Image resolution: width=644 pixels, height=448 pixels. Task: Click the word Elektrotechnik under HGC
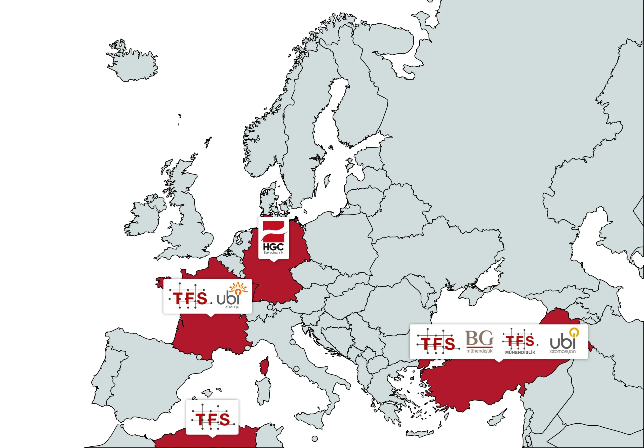click(x=273, y=253)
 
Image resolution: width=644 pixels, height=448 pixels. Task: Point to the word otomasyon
click(x=563, y=351)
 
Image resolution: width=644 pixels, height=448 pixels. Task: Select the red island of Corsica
click(x=264, y=366)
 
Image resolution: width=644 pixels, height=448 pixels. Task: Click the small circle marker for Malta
click(x=315, y=438)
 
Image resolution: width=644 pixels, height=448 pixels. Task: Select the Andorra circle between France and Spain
click(x=199, y=357)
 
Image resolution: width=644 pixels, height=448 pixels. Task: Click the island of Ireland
click(x=143, y=219)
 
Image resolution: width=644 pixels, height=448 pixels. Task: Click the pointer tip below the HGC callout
click(x=273, y=261)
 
